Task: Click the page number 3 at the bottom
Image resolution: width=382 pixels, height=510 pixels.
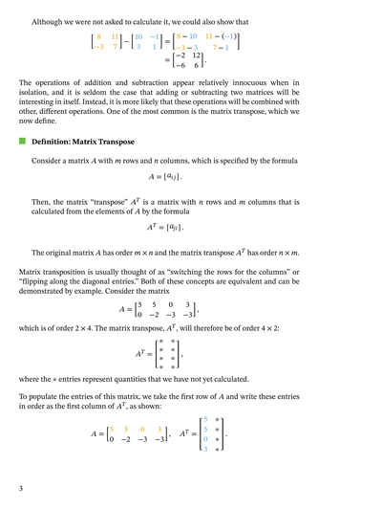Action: [x=21, y=489]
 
